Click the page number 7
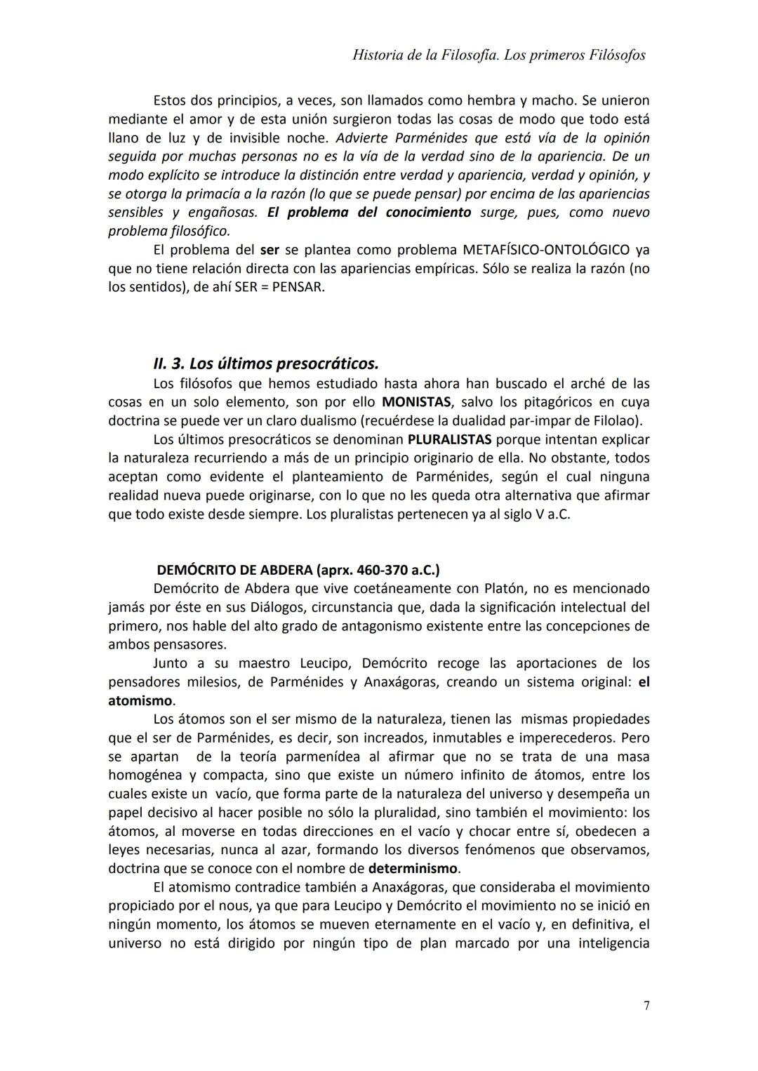coord(646,1006)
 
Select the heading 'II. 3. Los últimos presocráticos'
coord(265,364)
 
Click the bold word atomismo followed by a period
coord(140,700)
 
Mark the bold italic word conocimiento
coord(428,212)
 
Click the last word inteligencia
coord(613,943)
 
